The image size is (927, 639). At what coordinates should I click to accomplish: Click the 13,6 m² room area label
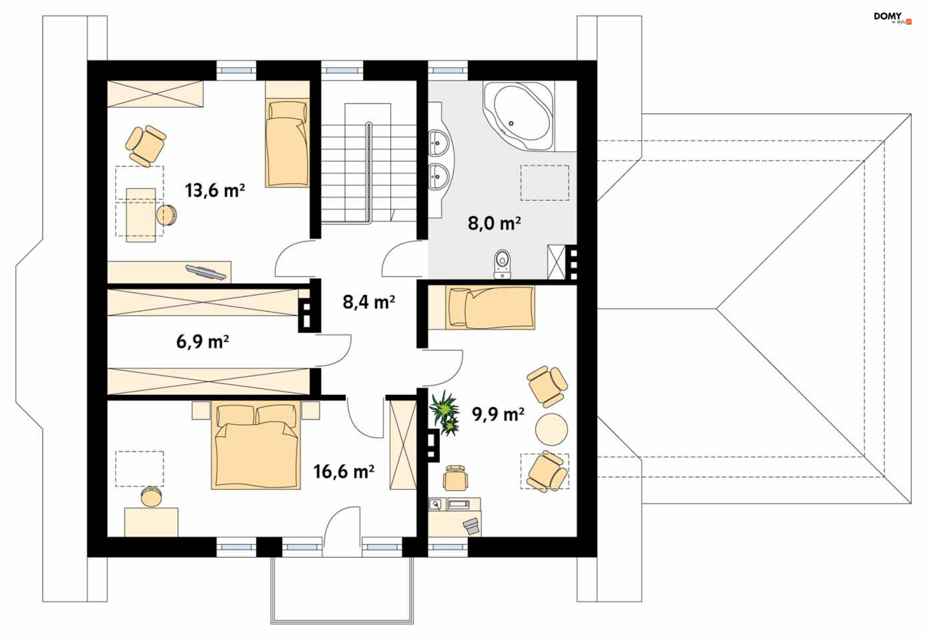click(215, 191)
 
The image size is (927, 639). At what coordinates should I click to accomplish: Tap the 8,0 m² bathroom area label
click(494, 223)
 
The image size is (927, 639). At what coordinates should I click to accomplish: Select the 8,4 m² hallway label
click(369, 302)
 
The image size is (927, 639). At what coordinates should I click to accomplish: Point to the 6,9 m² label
click(202, 342)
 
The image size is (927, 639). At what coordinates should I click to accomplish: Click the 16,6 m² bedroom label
click(344, 472)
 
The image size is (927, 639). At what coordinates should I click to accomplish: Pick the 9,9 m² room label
click(498, 414)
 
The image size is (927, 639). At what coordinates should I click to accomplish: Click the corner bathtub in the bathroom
click(518, 115)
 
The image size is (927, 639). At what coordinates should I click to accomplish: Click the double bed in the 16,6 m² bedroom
click(256, 446)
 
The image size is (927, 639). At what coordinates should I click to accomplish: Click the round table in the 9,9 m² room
click(552, 429)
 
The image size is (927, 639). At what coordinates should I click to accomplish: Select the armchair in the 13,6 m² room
click(145, 146)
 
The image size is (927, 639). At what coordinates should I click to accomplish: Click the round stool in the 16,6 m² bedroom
click(152, 497)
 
